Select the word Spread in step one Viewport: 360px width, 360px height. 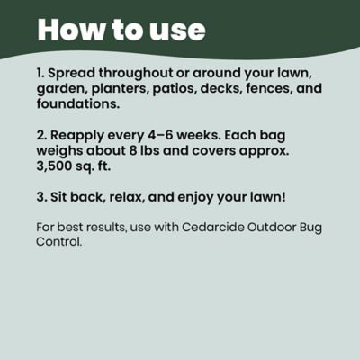pos(76,71)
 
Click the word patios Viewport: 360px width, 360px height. pos(183,87)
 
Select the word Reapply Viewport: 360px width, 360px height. pos(81,134)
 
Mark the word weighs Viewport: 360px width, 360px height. pos(60,150)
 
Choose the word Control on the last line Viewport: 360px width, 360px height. pos(60,241)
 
